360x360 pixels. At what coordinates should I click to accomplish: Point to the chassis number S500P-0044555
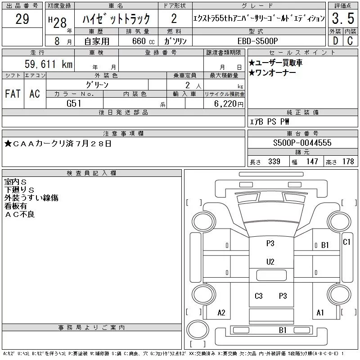tap(302, 143)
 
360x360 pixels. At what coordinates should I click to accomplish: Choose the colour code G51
tap(75, 103)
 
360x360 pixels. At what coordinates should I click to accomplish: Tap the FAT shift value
tap(13, 94)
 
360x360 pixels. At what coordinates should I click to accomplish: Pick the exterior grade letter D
tap(335, 40)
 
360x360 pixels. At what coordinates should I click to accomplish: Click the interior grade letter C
tap(350, 40)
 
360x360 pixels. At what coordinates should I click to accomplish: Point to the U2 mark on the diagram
tap(270, 261)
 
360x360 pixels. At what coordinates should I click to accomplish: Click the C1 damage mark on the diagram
tap(346, 242)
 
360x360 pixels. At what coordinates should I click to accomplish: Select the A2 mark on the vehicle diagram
tap(221, 313)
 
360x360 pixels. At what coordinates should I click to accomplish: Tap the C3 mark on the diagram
tap(258, 296)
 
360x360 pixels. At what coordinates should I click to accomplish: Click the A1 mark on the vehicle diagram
tap(320, 313)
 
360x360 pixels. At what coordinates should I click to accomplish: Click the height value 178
tap(348, 162)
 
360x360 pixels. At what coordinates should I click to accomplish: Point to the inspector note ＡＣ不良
tap(20, 214)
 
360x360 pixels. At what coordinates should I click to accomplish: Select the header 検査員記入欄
tap(91, 173)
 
